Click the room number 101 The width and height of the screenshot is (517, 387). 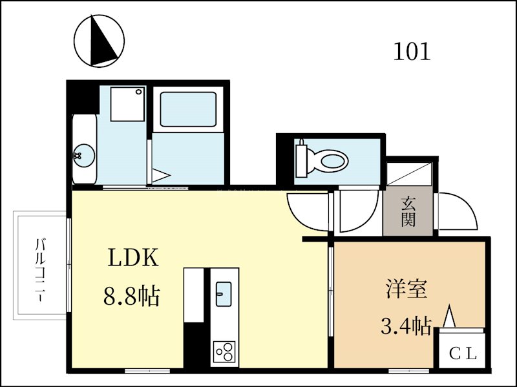(412, 51)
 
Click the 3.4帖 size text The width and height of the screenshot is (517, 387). (405, 326)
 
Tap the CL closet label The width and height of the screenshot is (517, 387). (463, 353)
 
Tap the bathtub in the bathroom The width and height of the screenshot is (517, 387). (187, 109)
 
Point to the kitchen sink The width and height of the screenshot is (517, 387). (224, 292)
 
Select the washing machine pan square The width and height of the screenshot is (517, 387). (127, 103)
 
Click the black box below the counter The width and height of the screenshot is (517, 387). (194, 346)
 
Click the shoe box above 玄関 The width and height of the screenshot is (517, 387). (408, 174)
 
